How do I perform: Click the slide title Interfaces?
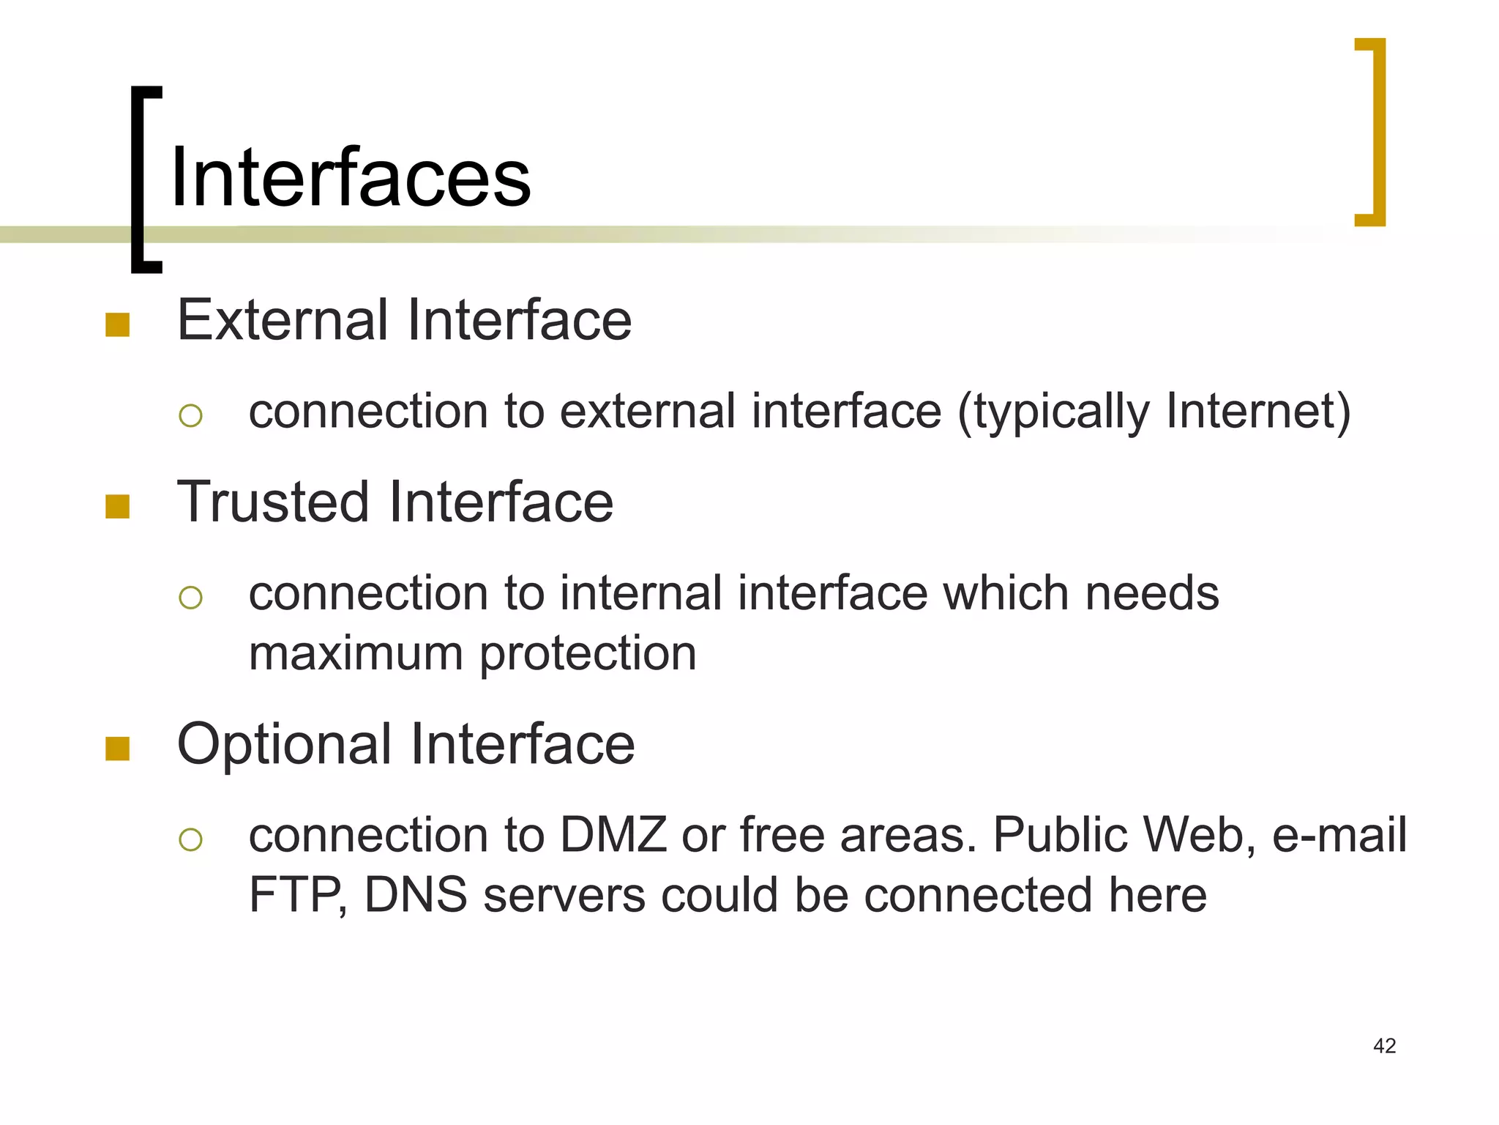350,178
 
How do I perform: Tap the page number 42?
1384,1046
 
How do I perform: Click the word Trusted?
273,502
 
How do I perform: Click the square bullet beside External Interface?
118,324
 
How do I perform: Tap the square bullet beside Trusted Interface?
118,506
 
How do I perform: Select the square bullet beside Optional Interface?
118,749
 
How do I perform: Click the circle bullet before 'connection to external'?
190,416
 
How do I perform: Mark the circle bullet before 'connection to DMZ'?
190,839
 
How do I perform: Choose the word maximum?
356,653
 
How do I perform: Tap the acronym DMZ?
613,835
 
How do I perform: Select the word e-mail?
1339,835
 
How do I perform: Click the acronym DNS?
415,895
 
